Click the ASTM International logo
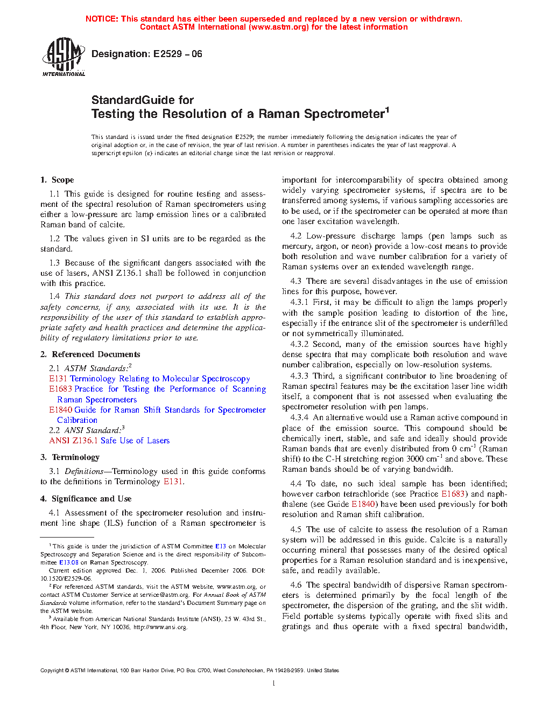tap(63, 57)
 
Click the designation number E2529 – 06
tap(177, 54)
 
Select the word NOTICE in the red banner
tap(102, 19)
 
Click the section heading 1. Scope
tap(57, 180)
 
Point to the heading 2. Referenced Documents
tap(90, 354)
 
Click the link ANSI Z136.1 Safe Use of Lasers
tap(109, 441)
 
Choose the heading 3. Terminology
tap(70, 457)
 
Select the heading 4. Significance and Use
tap(86, 499)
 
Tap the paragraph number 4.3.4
tap(299, 417)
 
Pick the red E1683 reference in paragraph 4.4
tap(453, 494)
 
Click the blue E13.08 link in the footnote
tap(69, 562)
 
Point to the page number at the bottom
tap(274, 684)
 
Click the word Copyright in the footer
tap(52, 671)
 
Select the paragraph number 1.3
tap(54, 263)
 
